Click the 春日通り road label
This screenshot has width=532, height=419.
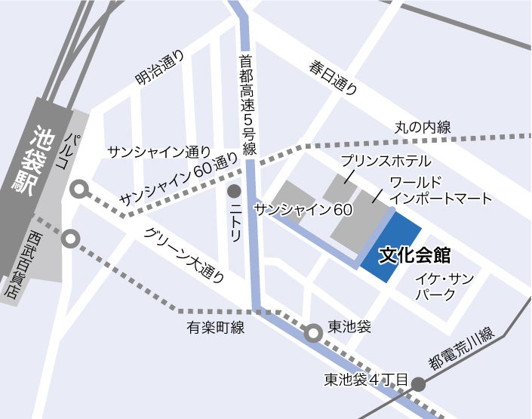click(x=333, y=79)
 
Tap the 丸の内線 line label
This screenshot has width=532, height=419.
click(x=423, y=128)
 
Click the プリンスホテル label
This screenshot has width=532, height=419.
click(x=385, y=161)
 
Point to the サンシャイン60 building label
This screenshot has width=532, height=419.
click(x=303, y=209)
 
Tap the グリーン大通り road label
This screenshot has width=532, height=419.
click(x=184, y=255)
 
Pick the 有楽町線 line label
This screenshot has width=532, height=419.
click(x=216, y=328)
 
